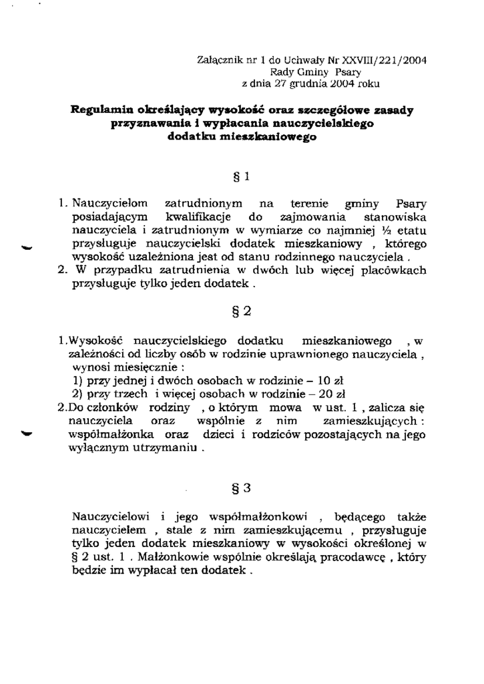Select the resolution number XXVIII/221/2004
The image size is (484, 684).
(376, 59)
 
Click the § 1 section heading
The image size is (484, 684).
(242, 177)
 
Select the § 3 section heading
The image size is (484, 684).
(242, 487)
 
